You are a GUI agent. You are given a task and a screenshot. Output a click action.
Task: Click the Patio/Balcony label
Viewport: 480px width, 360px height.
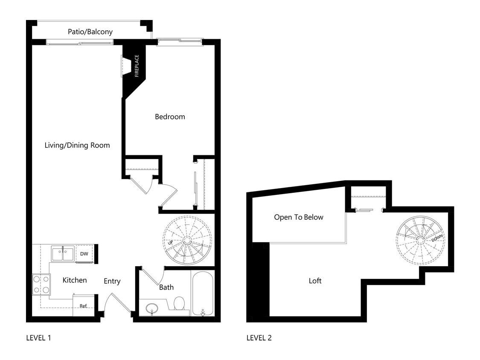coord(90,32)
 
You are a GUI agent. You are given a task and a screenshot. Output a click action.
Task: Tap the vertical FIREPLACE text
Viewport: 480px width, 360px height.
coord(137,66)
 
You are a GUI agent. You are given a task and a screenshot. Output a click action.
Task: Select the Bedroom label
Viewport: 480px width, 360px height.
coord(170,116)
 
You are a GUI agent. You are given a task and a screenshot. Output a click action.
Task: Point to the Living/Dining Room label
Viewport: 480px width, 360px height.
coord(77,145)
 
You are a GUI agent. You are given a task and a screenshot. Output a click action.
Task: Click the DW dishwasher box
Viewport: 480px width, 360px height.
coord(84,254)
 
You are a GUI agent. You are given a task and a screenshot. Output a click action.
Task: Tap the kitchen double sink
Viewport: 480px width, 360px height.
coord(63,253)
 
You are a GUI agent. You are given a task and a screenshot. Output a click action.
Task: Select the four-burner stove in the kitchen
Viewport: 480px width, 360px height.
coord(41,285)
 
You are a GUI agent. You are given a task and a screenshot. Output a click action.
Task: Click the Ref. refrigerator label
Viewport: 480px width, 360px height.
coord(83,306)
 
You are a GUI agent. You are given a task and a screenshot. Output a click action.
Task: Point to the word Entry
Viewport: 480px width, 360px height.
coord(112,281)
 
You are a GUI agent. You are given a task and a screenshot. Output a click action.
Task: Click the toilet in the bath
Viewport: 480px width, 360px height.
coord(179,304)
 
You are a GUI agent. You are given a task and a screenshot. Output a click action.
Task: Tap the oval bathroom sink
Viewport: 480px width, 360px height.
coord(151,308)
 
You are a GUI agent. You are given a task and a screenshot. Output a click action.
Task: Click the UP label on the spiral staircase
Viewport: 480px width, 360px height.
coord(170,243)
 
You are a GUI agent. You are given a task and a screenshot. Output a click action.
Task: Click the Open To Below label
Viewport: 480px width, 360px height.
coord(299,217)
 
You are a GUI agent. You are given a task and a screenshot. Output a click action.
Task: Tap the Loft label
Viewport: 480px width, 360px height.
coord(315,281)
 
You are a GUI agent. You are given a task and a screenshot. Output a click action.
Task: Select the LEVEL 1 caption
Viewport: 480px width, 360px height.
coord(39,338)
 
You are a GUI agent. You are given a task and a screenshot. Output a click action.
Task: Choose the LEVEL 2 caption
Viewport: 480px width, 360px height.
coord(259,338)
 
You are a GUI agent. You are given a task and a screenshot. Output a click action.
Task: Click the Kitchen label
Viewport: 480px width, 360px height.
coord(75,280)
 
